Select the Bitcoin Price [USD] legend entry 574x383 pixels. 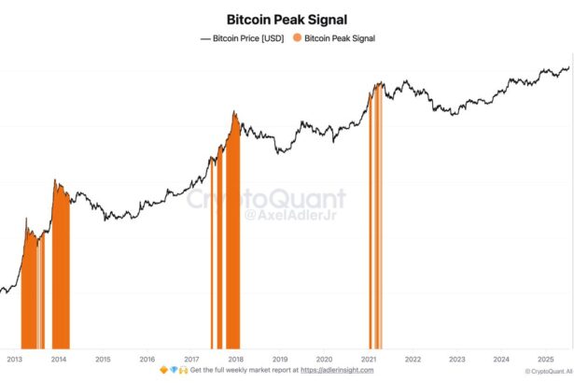point(243,38)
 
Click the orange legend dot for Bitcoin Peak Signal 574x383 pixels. point(298,38)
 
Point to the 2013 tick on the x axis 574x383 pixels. point(14,359)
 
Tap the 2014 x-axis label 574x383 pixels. point(59,359)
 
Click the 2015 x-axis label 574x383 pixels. point(103,359)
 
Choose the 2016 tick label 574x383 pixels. point(147,359)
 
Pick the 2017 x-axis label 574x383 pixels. point(191,359)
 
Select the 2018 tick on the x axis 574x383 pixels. point(235,359)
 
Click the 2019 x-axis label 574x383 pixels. point(279,359)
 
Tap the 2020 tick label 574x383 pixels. point(324,359)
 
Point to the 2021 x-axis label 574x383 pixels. point(368,359)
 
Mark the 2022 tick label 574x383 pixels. point(413,359)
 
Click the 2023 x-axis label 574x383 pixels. point(456,359)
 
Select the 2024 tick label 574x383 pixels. point(501,359)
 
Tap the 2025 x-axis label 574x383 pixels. point(545,359)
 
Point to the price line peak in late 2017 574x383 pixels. point(234,113)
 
